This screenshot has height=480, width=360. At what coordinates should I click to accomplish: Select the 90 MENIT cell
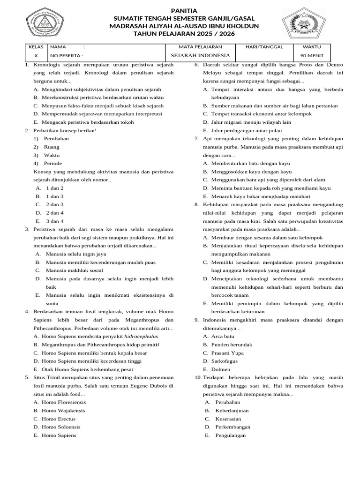pos(312,55)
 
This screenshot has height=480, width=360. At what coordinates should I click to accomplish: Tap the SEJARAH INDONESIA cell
pos(200,55)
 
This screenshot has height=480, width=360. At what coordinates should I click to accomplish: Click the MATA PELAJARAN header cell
pos(200,47)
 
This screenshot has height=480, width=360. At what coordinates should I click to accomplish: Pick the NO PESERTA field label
pos(67,55)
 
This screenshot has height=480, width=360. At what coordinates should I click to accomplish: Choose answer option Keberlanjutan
pos(232,410)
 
